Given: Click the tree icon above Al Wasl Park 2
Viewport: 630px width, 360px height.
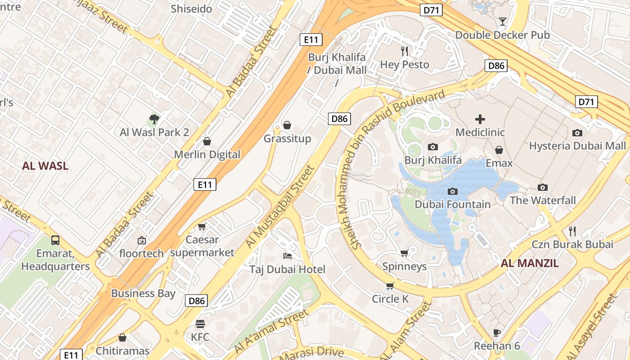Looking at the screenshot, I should pos(154,119).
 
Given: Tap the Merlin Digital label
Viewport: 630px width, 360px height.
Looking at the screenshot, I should pos(207,154).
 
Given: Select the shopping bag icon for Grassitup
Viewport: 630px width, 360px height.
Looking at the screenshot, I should pos(287,125).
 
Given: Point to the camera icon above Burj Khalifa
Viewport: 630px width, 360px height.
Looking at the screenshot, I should pos(433,147).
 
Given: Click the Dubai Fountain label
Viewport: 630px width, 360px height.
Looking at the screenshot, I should pos(452,204).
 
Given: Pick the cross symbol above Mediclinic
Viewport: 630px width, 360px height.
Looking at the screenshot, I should pos(480,119).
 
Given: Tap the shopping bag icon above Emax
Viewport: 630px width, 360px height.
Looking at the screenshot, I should pos(499,150).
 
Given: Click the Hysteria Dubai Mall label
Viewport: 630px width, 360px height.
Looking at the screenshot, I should pos(577,146).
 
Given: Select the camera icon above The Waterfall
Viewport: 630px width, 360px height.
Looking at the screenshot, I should pos(543,187).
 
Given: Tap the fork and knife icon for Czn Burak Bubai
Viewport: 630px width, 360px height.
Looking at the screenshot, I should pos(572,231).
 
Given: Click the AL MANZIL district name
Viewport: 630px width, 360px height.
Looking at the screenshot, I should pos(530,263).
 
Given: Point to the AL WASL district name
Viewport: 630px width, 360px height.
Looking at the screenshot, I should pos(45,166).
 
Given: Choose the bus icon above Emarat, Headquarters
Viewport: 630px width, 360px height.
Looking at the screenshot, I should pos(55,240).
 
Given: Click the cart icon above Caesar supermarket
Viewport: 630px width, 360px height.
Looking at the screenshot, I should pos(202,226).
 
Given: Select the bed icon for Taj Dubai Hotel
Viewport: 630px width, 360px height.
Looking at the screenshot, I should pos(288,256).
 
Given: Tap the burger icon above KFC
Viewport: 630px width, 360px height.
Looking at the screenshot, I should pos(200,324).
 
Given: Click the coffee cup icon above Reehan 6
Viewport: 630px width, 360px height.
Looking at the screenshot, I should pos(497,333).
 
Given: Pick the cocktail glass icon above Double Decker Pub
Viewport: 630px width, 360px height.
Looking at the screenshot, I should pos(503,22).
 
